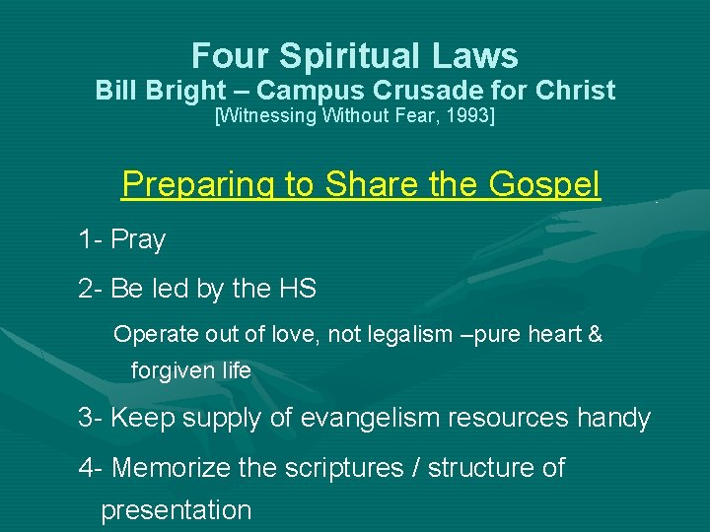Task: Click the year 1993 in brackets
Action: [468, 117]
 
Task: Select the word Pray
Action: [138, 239]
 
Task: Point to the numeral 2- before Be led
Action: [92, 289]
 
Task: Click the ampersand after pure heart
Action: [595, 335]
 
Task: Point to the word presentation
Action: [177, 510]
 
